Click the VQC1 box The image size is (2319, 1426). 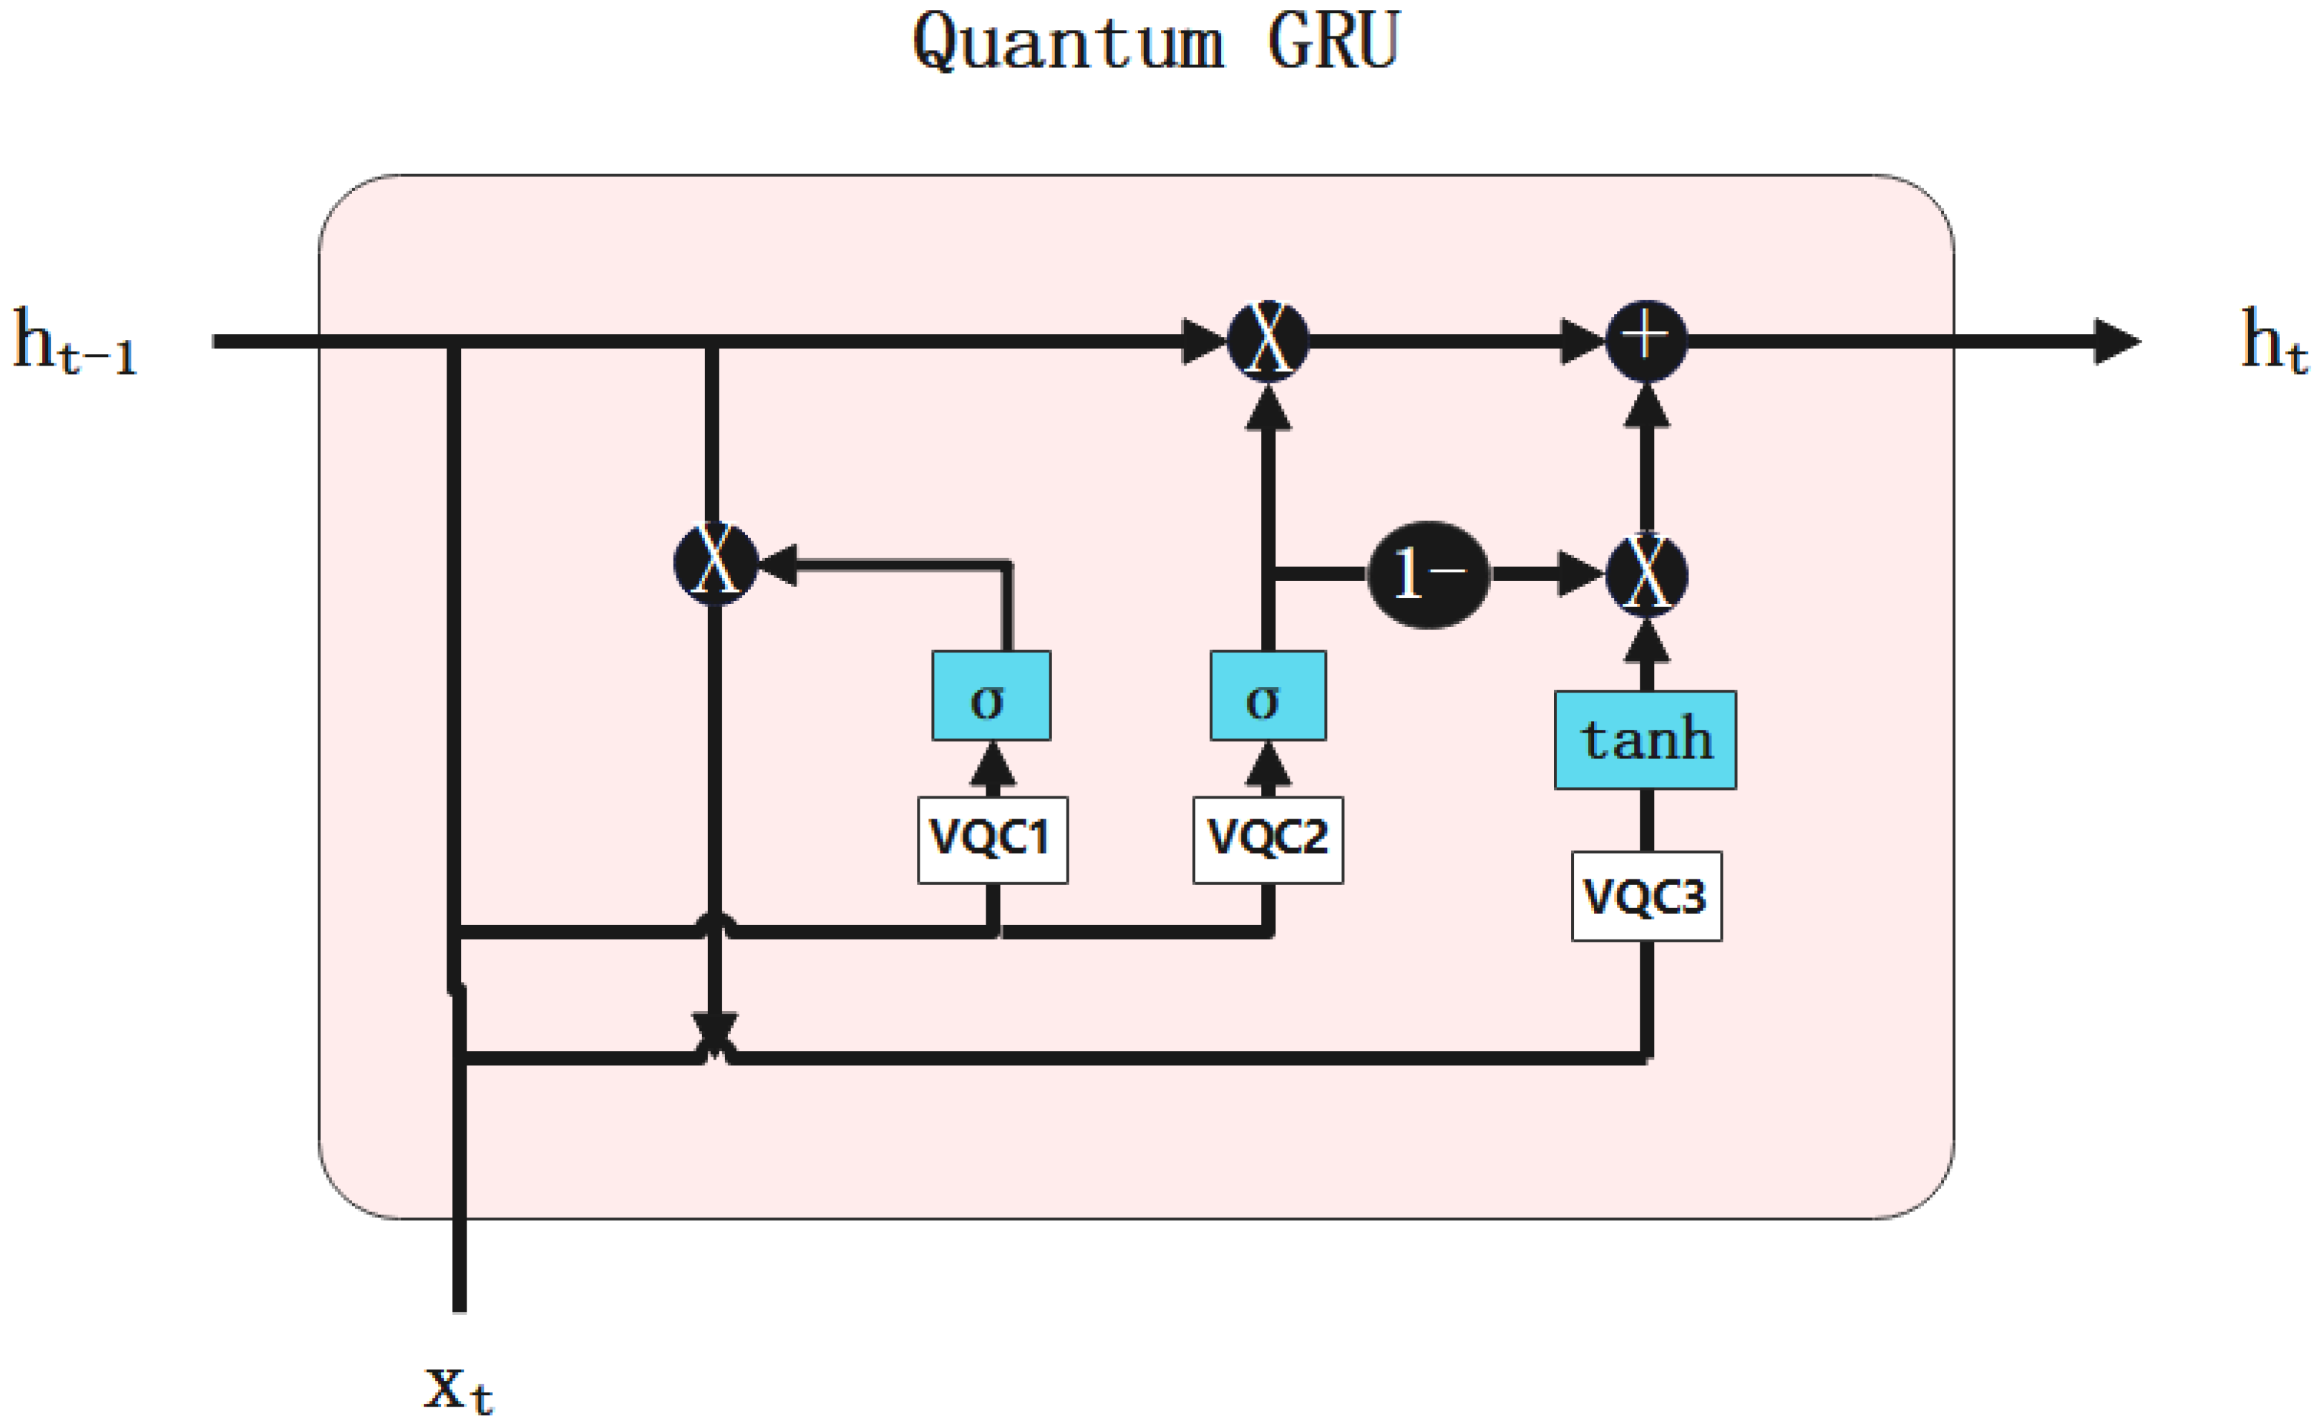pyautogui.click(x=993, y=839)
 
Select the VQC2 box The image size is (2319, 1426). pyautogui.click(x=1268, y=839)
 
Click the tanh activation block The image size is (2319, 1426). pyautogui.click(x=1645, y=739)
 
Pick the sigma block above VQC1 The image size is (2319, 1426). pyautogui.click(x=991, y=696)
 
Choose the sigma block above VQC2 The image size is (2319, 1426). pyautogui.click(x=1268, y=696)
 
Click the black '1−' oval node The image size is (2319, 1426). pyautogui.click(x=1429, y=575)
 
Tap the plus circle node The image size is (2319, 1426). pyautogui.click(x=1646, y=341)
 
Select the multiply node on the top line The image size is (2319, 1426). pyautogui.click(x=1268, y=341)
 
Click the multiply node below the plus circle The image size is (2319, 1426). pyautogui.click(x=1646, y=575)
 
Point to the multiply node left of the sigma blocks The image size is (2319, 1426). pyautogui.click(x=716, y=563)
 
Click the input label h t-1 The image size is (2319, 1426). pyautogui.click(x=75, y=341)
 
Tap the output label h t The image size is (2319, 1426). pyautogui.click(x=2274, y=341)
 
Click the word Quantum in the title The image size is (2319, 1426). pyautogui.click(x=1068, y=42)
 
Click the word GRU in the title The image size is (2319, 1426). pyautogui.click(x=1332, y=42)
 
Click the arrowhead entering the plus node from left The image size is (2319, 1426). pyautogui.click(x=1583, y=341)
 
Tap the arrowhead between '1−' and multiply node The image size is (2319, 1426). pyautogui.click(x=1580, y=575)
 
